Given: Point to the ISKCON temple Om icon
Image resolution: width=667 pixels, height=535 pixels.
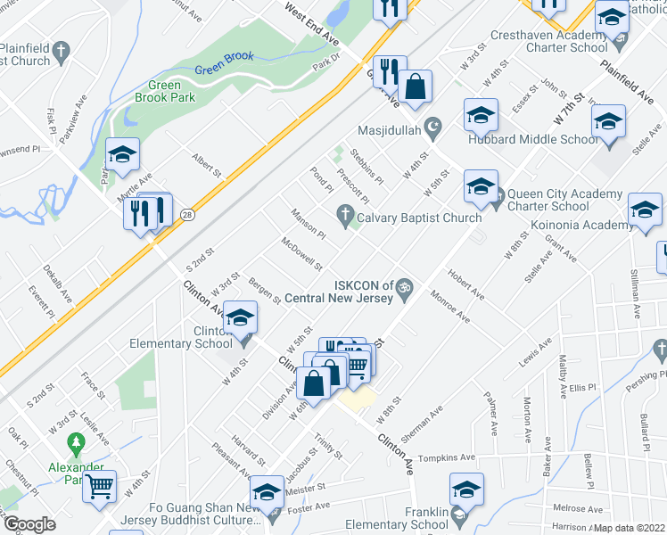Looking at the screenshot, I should coord(404,286).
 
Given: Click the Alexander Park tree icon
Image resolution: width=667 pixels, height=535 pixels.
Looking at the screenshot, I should coord(78,440).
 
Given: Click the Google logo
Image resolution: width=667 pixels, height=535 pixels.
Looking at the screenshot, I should coord(29,523).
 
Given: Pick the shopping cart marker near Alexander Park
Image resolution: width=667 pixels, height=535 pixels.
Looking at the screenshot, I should coord(100,487).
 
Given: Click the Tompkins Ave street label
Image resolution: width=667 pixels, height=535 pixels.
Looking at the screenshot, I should coord(448,457).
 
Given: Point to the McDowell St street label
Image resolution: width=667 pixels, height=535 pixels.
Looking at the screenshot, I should coord(301,254).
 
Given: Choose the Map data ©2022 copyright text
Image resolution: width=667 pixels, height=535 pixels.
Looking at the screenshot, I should coord(629,528).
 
